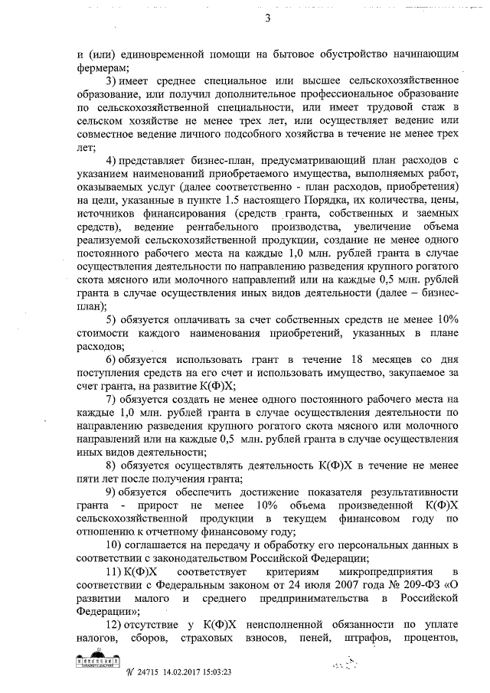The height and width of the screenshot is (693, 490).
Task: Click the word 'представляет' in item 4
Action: (x=153, y=160)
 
